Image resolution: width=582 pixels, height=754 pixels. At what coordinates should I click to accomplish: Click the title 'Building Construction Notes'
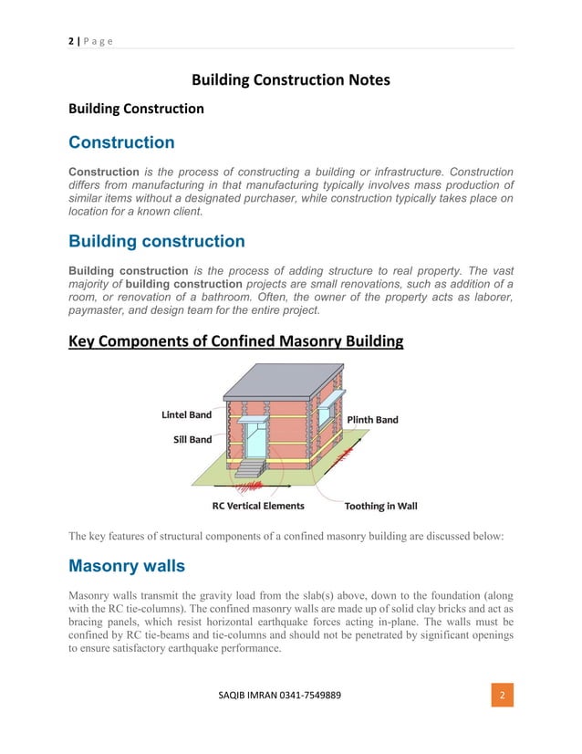tap(290, 80)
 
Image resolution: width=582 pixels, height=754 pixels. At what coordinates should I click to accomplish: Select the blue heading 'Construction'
tap(121, 142)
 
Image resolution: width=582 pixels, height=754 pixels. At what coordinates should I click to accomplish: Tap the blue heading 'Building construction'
tap(157, 242)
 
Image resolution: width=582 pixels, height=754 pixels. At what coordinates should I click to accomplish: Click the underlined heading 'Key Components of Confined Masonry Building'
tap(236, 341)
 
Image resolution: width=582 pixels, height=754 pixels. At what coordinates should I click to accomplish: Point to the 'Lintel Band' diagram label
tap(186, 414)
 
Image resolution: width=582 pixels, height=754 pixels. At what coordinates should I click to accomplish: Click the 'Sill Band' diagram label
tap(192, 439)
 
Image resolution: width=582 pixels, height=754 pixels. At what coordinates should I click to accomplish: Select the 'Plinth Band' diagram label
tap(372, 420)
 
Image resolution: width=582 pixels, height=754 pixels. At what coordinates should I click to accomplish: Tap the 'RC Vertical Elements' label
tap(258, 506)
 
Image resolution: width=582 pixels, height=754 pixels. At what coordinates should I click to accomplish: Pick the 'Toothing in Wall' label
tap(381, 506)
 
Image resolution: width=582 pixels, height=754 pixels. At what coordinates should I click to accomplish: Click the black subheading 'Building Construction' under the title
tap(137, 109)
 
